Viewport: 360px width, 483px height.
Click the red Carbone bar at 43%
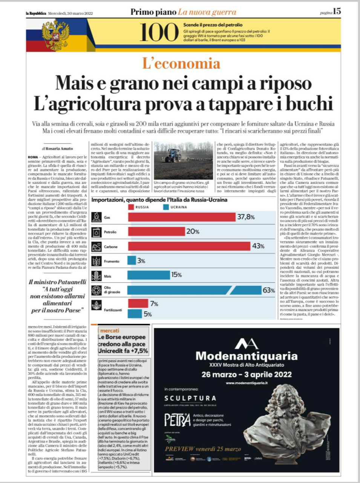pos(189,246)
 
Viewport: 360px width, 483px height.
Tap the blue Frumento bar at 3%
pos(132,260)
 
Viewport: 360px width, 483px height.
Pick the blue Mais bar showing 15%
pos(149,275)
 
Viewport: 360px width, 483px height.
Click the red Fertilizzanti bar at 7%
pos(138,303)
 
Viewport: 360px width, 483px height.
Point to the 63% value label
pos(268,290)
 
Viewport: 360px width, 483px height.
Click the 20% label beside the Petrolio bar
pos(193,231)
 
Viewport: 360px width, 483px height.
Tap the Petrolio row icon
pos(97,232)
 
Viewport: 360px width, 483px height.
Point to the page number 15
pos(337,11)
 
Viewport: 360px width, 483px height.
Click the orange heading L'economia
pos(181,63)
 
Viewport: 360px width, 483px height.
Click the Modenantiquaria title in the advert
pos(246,356)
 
